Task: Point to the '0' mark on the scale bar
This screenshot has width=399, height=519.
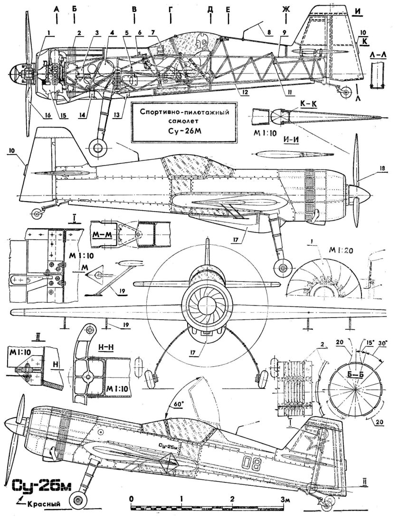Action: pos(132,500)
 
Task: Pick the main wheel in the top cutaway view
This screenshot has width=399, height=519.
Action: pos(98,148)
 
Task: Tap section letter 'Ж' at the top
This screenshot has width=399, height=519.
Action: pos(286,9)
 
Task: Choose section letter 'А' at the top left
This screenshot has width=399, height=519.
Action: pos(57,9)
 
